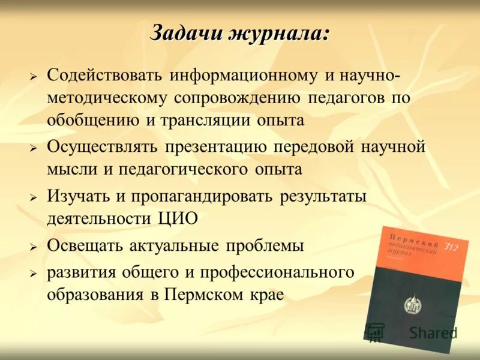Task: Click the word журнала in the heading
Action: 278,34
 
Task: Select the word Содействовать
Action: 104,76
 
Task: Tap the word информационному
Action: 243,76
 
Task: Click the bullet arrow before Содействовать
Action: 34,77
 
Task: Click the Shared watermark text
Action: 433,333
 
